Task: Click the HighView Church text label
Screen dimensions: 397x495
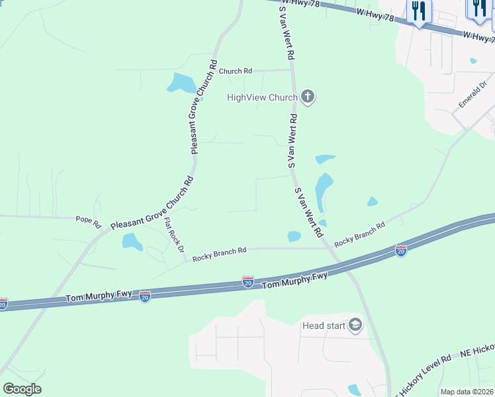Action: tap(262, 98)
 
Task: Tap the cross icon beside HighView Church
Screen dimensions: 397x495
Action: tap(307, 98)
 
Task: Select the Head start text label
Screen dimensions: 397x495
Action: tap(324, 326)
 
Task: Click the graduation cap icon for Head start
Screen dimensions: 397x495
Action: tap(356, 326)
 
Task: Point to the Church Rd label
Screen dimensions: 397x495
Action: tap(236, 71)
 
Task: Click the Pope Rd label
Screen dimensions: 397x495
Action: tap(87, 219)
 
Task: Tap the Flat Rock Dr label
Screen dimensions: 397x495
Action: tap(173, 236)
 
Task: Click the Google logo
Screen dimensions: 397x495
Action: tap(22, 389)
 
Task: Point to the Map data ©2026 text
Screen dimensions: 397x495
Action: tap(466, 392)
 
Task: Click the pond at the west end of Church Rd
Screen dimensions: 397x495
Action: tap(181, 83)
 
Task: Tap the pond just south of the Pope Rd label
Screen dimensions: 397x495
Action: tap(132, 242)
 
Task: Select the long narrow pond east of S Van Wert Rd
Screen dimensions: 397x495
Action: tap(323, 190)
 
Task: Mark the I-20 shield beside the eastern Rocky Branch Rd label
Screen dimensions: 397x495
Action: tap(400, 251)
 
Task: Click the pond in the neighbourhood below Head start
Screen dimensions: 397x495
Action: tap(354, 390)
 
